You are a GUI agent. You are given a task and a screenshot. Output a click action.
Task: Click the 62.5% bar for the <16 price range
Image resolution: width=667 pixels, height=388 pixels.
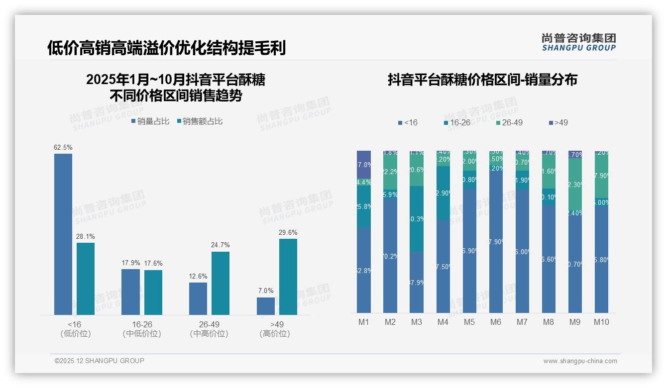tap(63, 234)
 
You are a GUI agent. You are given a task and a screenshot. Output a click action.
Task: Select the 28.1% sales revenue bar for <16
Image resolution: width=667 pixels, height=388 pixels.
tap(86, 279)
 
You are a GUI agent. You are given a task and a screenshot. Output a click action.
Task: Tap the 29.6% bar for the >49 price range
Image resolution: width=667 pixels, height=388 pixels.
tap(288, 277)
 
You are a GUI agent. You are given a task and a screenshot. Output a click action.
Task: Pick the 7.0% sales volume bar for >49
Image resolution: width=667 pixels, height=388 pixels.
tap(266, 306)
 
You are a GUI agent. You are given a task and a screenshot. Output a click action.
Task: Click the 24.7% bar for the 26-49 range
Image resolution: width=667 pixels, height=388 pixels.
tap(221, 283)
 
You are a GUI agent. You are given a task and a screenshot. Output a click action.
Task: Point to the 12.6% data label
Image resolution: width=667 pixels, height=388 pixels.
tap(198, 277)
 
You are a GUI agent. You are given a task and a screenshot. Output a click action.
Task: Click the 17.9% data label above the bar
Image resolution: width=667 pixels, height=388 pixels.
tap(130, 263)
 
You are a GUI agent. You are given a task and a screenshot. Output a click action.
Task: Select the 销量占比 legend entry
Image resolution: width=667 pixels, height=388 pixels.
tap(150, 121)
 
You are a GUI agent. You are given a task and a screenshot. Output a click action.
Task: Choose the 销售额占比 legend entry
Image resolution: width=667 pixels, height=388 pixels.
tap(199, 121)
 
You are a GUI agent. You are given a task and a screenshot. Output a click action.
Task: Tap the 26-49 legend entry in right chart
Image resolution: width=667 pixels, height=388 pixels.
tap(509, 122)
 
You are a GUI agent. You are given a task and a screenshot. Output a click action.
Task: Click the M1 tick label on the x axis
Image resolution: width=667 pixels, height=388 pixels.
tap(364, 322)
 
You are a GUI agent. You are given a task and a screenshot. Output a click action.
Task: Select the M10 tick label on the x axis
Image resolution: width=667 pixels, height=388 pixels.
tap(601, 322)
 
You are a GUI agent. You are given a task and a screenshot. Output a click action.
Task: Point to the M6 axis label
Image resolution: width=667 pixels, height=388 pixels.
tap(496, 322)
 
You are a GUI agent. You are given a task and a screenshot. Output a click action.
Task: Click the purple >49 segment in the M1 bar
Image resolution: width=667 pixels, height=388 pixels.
tap(364, 165)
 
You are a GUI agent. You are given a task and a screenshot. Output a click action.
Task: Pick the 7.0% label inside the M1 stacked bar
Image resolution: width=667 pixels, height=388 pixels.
tap(364, 165)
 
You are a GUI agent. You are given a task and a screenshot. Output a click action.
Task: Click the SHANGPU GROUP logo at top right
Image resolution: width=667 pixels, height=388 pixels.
tap(578, 42)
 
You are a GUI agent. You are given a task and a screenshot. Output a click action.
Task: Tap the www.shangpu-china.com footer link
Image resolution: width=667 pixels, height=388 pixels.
tap(580, 361)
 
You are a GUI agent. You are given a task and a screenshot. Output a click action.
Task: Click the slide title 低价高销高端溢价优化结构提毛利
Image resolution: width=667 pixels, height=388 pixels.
tap(166, 48)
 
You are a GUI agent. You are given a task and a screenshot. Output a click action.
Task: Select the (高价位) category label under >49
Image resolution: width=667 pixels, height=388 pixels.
tap(275, 334)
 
